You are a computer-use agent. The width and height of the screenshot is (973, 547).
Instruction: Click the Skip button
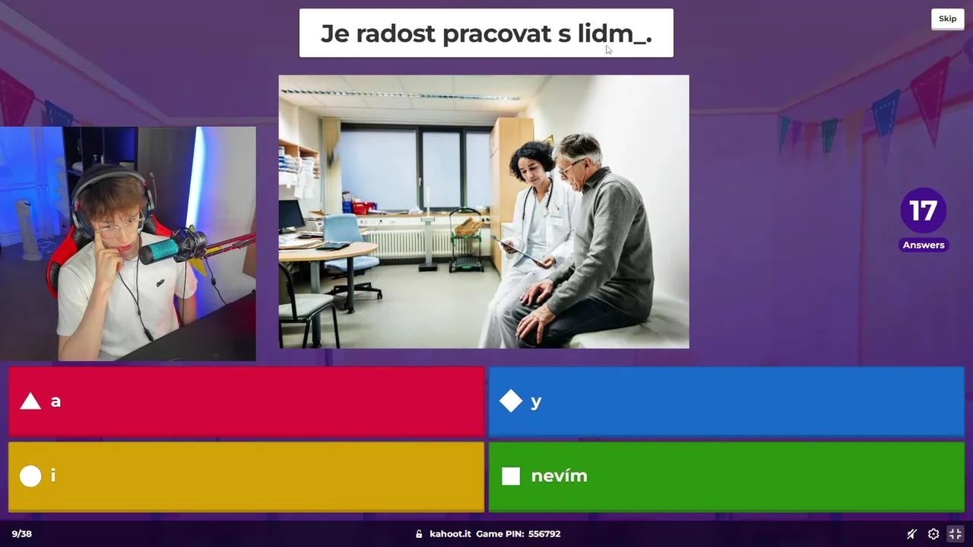coord(947,19)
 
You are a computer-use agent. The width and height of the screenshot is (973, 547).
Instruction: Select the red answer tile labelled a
coord(246,401)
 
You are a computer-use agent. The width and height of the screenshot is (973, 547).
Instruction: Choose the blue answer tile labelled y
coord(727,401)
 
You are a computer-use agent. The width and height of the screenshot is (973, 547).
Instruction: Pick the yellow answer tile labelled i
coord(246,476)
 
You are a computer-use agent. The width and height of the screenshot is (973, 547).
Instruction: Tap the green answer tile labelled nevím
coord(727,476)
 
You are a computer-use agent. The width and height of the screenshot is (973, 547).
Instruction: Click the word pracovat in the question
coord(497,34)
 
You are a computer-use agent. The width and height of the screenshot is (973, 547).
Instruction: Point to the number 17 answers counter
coord(923,210)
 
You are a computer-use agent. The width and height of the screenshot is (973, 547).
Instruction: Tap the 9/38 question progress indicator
coord(22,534)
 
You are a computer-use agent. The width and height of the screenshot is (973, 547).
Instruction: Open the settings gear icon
coord(933,534)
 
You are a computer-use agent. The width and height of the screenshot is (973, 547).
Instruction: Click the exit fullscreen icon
coord(956,534)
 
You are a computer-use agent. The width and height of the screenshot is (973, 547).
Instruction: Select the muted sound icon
coord(911,534)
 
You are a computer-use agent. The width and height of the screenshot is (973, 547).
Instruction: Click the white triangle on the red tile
coord(30,402)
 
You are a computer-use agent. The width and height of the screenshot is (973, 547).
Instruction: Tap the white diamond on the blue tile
coord(511,400)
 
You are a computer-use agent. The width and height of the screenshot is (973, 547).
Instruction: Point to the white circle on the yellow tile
coord(30,476)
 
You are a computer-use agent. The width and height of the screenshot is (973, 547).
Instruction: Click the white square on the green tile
coord(511,476)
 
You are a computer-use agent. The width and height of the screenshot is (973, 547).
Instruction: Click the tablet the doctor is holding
coord(517,250)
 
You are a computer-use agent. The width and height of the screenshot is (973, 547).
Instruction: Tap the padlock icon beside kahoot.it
coord(419,534)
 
